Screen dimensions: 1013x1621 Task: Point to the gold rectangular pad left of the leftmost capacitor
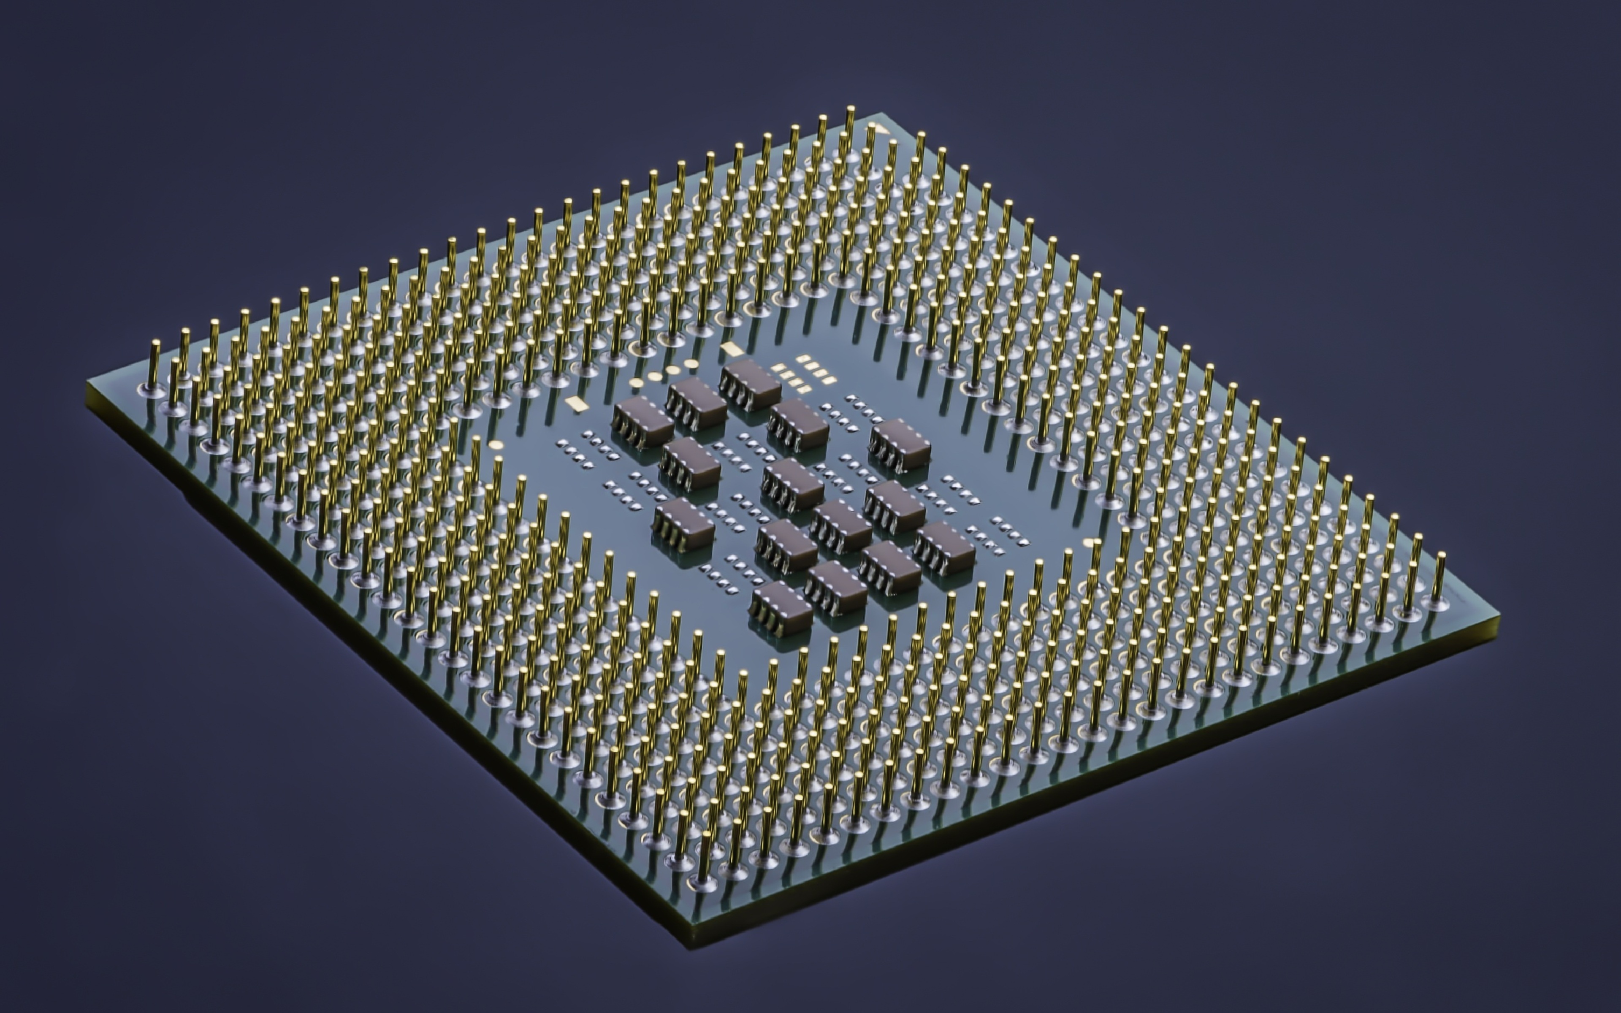575,403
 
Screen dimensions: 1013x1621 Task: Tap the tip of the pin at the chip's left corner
155,343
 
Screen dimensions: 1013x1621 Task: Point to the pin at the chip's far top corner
850,109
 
